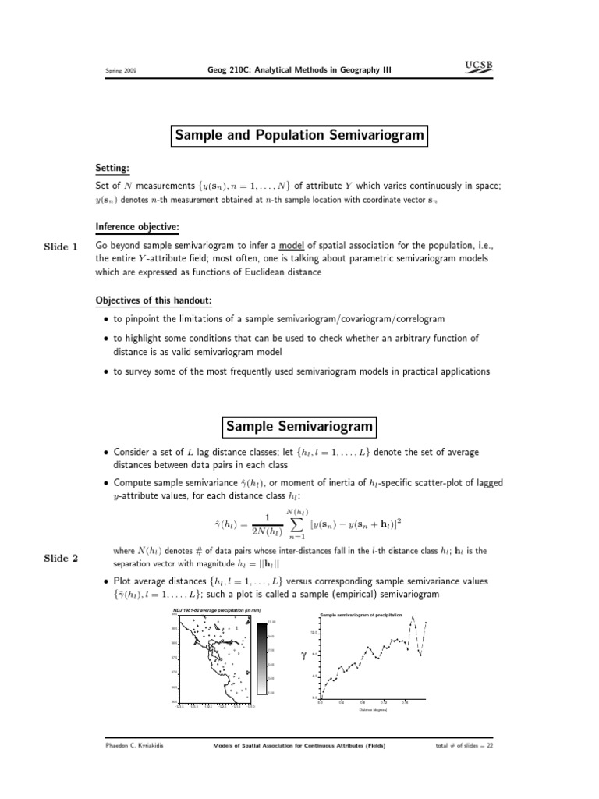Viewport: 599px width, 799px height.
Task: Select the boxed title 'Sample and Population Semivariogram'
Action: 299,136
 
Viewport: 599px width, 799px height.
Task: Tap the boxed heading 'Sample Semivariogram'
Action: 299,427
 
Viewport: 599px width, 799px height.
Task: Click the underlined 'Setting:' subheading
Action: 112,169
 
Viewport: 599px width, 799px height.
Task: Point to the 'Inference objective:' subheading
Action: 137,228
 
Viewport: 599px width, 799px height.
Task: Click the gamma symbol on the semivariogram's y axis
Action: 303,656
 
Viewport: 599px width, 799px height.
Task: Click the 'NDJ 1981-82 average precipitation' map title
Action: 217,609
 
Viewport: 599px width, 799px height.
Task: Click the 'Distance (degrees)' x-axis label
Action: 372,710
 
